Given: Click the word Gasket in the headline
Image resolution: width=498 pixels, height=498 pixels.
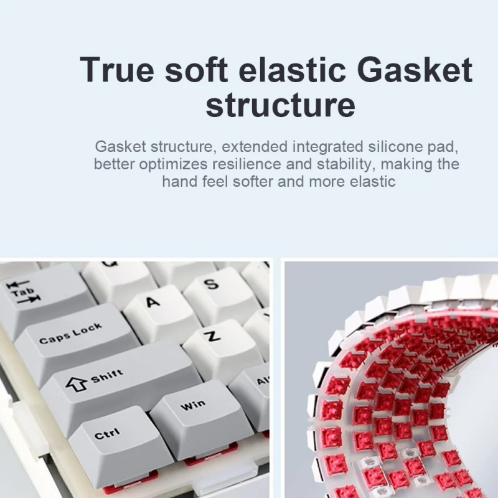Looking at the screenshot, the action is click(415, 70).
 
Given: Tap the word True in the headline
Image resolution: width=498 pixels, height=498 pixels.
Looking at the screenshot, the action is click(117, 70).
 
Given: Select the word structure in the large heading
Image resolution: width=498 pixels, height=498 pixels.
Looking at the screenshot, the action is click(280, 105).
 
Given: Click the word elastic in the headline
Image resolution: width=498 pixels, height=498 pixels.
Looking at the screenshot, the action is click(292, 70).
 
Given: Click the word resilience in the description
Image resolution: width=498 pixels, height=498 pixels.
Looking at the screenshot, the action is click(247, 164).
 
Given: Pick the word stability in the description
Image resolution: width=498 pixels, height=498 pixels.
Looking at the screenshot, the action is click(344, 164).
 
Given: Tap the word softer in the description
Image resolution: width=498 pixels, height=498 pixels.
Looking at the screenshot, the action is click(253, 182).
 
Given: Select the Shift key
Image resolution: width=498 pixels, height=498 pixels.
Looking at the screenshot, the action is click(121, 381).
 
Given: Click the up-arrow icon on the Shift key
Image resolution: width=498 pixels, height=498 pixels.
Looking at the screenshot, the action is click(76, 383).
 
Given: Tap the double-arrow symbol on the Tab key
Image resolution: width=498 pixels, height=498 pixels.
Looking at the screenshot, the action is click(24, 292).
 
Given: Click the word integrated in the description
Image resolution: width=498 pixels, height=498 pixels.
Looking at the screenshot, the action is click(328, 148).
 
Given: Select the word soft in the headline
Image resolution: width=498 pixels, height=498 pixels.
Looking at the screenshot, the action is click(197, 70).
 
